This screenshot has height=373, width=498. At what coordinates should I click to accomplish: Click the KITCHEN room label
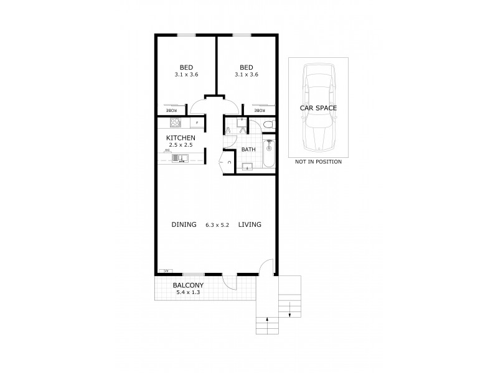point(181,137)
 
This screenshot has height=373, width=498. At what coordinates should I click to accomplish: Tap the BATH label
point(248,149)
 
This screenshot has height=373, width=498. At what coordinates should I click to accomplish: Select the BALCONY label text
point(188,285)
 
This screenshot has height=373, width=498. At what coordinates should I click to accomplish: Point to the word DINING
point(184,224)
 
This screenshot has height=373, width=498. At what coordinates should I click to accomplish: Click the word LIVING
point(249,224)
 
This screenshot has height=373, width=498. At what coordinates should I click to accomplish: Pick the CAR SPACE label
point(318,108)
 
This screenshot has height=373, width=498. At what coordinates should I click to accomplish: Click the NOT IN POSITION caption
point(318,162)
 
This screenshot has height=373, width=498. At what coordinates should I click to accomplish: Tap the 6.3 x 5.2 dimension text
point(218,225)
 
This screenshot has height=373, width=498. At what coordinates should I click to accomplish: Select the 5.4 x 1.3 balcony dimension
point(188,293)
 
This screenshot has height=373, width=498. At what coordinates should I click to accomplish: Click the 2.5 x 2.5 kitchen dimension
point(181,145)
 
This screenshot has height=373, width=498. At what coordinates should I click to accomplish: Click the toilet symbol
point(267,124)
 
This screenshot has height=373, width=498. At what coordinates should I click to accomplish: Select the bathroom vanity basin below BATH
point(247,165)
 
